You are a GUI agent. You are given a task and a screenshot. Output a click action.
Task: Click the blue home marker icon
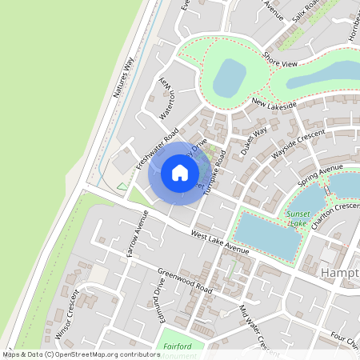tap(180, 172)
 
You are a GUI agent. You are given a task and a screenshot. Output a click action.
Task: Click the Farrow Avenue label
tap(137, 234)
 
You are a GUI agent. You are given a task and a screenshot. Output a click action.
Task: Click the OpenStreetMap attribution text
tap(80, 354)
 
